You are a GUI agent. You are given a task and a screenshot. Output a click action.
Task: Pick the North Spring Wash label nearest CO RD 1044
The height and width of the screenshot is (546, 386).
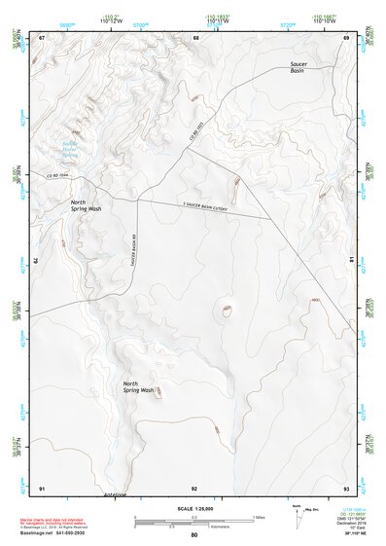pyautogui.click(x=85, y=205)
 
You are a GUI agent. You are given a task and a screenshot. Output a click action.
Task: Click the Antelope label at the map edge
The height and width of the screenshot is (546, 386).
pyautogui.click(x=115, y=494)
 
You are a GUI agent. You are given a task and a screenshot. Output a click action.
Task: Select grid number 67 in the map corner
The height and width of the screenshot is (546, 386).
pyautogui.click(x=42, y=37)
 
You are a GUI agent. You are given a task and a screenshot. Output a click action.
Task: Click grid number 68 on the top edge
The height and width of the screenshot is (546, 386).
pyautogui.click(x=195, y=37)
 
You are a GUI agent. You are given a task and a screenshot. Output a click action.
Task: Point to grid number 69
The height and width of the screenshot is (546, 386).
pyautogui.click(x=346, y=37)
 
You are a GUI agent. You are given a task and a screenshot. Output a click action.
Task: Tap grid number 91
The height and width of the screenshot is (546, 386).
pyautogui.click(x=42, y=486)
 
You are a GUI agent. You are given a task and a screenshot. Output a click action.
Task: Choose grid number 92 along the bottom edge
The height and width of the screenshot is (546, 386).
pyautogui.click(x=194, y=486)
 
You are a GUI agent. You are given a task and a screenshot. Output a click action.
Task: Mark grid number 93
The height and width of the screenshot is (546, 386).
pyautogui.click(x=346, y=486)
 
